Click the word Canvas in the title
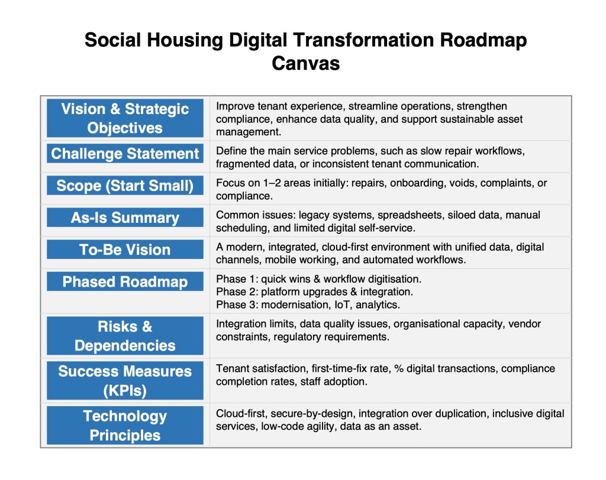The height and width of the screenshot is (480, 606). [x=305, y=63]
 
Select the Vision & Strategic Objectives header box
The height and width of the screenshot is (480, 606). [x=125, y=118]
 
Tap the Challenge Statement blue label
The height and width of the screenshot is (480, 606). [x=125, y=153]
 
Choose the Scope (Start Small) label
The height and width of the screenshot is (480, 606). [x=125, y=186]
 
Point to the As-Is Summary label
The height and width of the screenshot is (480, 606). [x=125, y=218]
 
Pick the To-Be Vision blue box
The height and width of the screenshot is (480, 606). [x=125, y=249]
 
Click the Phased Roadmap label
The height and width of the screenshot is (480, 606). [x=125, y=281]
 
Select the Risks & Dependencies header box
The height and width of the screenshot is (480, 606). [x=125, y=336]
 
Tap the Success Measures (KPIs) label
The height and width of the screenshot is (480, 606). [x=125, y=380]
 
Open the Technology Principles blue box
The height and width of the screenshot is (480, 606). [x=125, y=425]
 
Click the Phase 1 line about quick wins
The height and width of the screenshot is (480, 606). [x=319, y=279]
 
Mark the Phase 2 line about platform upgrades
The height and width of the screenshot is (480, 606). [x=315, y=291]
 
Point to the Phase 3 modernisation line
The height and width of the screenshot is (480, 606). [x=308, y=304]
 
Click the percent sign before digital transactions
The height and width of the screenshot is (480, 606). [x=398, y=368]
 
